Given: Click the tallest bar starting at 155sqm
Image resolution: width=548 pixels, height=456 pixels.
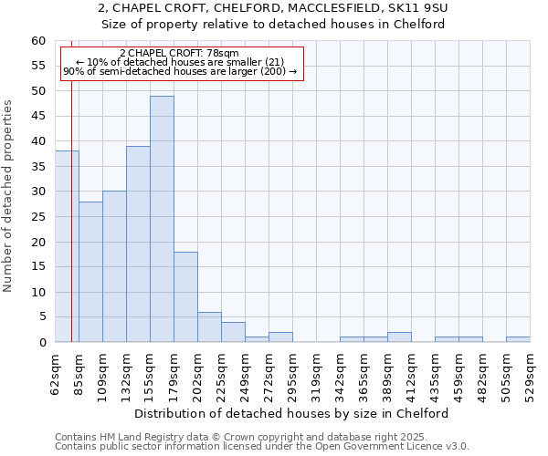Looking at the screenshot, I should (162, 219).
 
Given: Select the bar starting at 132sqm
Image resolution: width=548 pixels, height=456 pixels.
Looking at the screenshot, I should (138, 244).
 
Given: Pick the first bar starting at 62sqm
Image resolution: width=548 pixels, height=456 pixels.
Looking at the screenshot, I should (67, 246).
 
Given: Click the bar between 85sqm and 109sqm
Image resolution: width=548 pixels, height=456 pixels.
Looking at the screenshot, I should (90, 272).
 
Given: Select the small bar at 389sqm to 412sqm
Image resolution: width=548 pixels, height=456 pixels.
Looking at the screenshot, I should (399, 337).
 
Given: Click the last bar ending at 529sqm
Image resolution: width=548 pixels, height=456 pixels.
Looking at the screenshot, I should (518, 340).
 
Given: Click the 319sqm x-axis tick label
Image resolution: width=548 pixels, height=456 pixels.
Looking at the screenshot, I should (316, 372).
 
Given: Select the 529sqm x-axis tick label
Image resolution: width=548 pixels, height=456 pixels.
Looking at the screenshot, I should (530, 372).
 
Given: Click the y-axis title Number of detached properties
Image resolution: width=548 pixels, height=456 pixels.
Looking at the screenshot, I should (8, 196).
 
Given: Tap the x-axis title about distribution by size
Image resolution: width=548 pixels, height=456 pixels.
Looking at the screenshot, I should (298, 413).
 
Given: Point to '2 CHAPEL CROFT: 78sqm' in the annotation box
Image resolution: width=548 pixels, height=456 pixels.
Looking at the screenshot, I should (179, 54).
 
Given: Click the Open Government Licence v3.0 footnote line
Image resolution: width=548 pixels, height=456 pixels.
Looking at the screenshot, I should (262, 446).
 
